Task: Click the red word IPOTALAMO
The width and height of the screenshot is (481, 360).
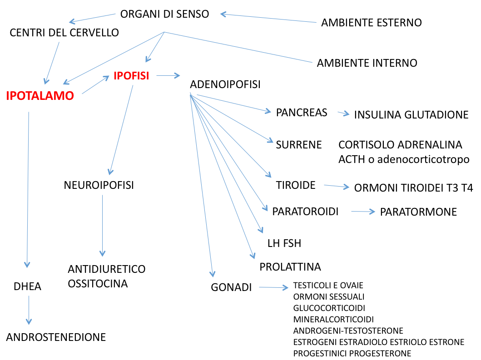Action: coord(40,96)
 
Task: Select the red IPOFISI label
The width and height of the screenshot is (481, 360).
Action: coord(131,76)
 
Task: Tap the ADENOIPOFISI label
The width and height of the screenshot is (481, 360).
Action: coord(225,84)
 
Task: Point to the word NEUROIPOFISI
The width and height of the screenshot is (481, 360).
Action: coord(99,185)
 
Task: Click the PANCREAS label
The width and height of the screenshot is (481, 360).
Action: coord(302,113)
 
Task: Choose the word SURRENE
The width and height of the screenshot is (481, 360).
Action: coord(299,145)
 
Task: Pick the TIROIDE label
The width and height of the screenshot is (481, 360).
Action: coord(296,185)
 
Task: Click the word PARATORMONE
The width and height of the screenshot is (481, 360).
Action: coord(418,212)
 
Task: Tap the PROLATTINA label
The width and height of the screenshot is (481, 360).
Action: coord(290,267)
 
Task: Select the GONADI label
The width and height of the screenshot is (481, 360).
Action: coord(231,287)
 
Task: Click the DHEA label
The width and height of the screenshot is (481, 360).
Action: coord(27,286)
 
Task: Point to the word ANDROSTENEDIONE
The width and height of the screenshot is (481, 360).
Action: coord(56,337)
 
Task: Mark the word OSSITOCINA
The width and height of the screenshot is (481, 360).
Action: coord(98,284)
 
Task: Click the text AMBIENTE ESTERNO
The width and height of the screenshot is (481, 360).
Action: coord(372,23)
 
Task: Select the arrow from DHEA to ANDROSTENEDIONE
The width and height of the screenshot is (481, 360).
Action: coord(29,310)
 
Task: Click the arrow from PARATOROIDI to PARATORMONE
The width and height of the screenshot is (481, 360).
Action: coord(363,212)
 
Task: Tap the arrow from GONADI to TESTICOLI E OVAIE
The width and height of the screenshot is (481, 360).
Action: coord(273,287)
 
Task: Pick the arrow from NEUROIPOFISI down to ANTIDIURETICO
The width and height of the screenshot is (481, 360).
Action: coord(103,226)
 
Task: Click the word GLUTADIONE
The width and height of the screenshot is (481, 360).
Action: coord(436,115)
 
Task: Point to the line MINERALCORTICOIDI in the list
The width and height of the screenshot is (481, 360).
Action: coord(333,320)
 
